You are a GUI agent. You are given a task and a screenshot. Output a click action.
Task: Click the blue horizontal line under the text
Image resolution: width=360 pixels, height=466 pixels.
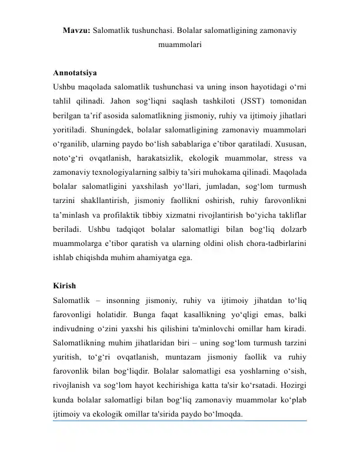coord(182,421)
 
